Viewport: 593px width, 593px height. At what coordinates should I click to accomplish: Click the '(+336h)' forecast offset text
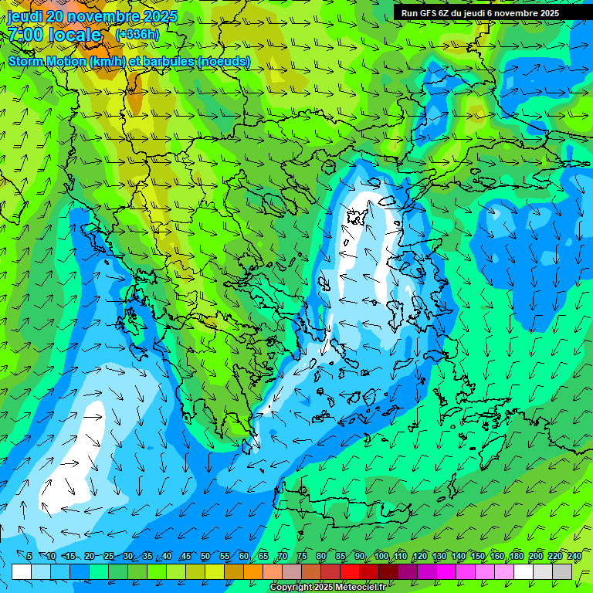click(x=137, y=35)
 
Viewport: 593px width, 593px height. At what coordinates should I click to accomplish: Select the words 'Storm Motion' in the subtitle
click(x=47, y=61)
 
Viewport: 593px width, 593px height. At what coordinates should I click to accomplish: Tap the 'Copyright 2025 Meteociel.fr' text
click(x=327, y=588)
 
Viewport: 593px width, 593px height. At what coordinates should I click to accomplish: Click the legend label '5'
click(x=29, y=556)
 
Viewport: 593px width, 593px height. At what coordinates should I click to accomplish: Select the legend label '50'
click(x=205, y=556)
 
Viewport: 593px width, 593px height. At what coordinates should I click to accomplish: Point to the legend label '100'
click(x=381, y=556)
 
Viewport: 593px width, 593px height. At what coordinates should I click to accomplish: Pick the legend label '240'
click(x=574, y=556)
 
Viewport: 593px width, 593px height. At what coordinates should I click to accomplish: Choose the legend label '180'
click(x=516, y=556)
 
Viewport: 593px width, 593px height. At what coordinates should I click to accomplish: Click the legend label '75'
click(x=302, y=556)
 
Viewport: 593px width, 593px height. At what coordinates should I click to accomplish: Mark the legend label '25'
click(x=108, y=556)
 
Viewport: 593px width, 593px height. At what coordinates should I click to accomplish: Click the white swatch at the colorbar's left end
click(x=22, y=571)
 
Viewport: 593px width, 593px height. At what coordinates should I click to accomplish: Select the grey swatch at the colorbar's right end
click(x=563, y=571)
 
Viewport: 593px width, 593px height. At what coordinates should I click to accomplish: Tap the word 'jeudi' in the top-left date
click(x=25, y=16)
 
